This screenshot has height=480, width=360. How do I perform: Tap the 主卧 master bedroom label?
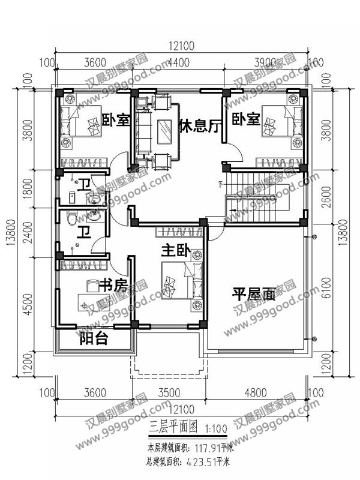(175, 251)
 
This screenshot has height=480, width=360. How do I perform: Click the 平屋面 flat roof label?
(254, 295)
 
